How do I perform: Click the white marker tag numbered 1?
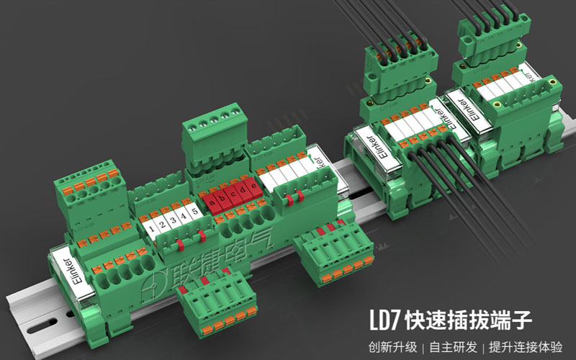151,228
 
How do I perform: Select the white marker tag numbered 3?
174,220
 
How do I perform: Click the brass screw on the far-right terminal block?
551,84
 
